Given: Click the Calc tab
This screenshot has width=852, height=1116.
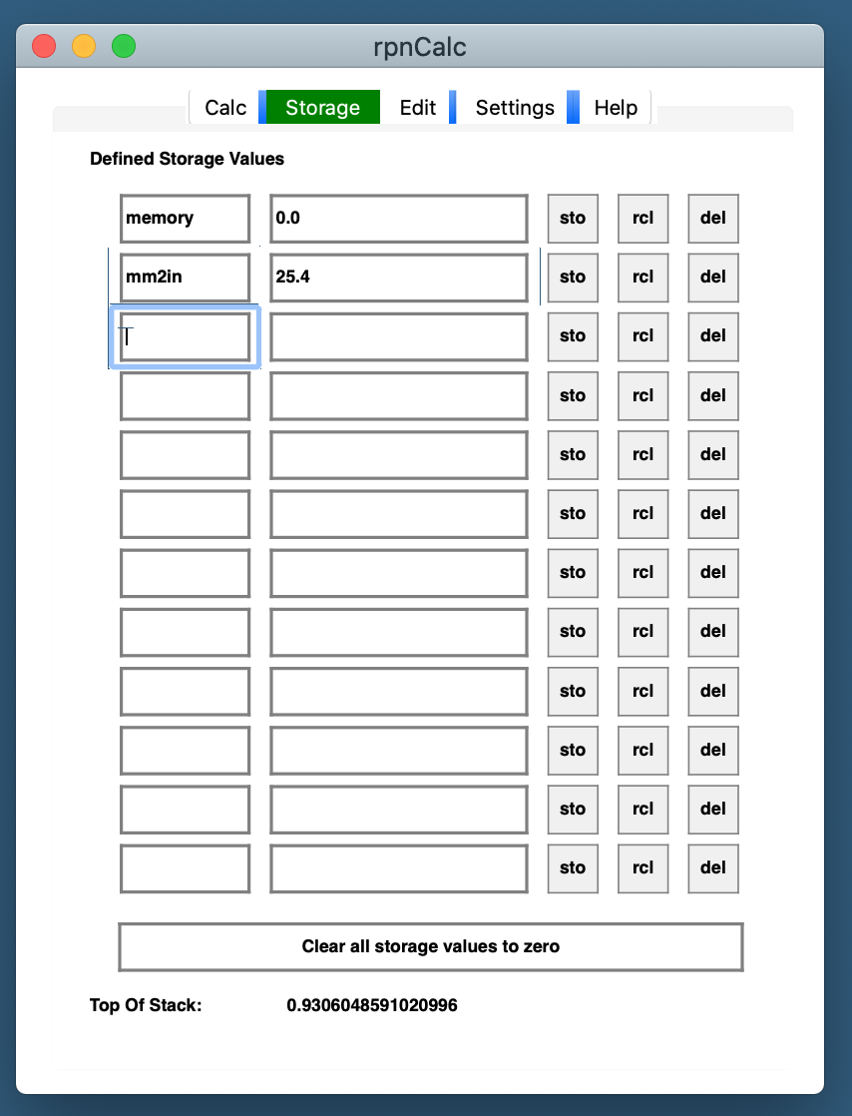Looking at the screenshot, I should click(225, 108).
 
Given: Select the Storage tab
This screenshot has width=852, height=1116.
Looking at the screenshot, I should click(322, 108).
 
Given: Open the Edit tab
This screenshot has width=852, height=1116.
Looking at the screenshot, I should click(417, 108).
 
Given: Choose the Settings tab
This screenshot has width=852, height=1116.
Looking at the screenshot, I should click(515, 108).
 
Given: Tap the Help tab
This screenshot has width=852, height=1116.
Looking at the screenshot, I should click(616, 108).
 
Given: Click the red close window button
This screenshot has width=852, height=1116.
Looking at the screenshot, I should click(44, 46).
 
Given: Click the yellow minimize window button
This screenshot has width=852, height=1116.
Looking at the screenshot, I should click(84, 46).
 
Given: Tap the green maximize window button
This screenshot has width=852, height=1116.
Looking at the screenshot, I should click(123, 46).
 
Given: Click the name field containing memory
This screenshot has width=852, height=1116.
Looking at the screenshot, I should click(185, 219).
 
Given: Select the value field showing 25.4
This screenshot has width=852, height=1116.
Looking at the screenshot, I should click(398, 278).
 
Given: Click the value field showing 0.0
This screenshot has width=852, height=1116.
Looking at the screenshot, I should click(398, 219).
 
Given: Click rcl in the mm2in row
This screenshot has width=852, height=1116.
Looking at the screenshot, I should click(642, 278).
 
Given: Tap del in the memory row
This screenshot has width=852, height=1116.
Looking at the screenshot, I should click(713, 219).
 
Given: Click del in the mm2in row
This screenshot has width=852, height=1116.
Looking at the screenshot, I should click(713, 278).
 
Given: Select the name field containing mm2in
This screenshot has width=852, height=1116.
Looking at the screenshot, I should click(185, 278).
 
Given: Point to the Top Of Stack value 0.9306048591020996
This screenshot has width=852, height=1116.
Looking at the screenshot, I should click(372, 1005).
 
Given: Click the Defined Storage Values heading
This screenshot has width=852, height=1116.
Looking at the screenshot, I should click(187, 159).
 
